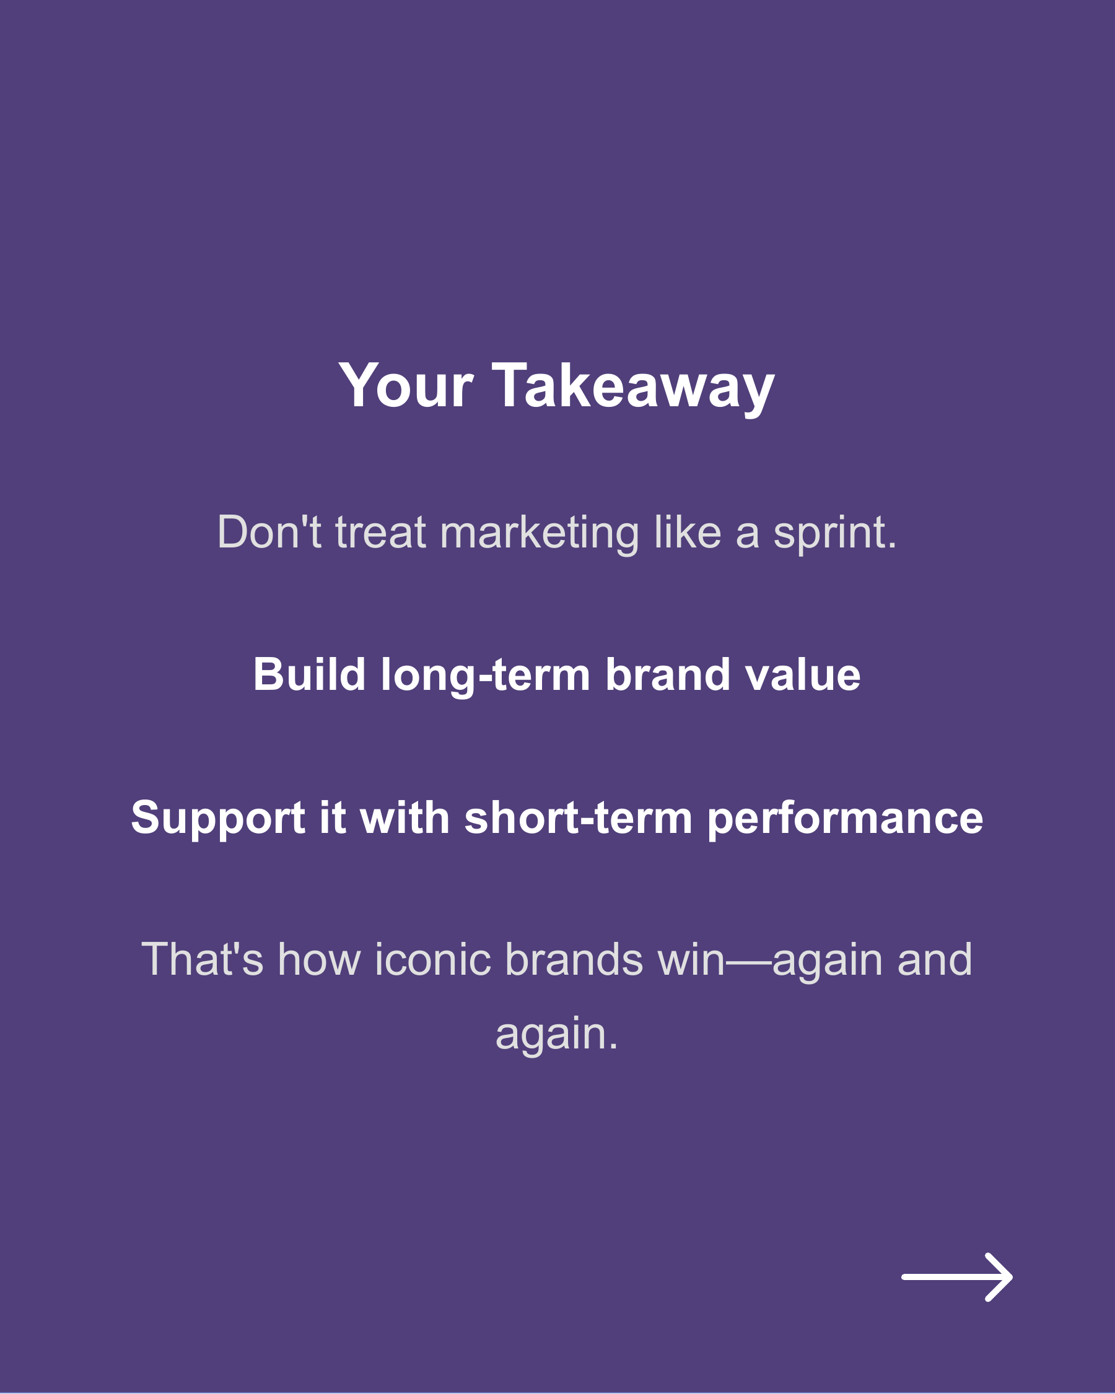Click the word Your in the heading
406,386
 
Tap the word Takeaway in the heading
633,386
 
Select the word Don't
269,533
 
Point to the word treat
381,533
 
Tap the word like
688,533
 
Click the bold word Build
309,675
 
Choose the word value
803,675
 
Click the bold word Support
218,819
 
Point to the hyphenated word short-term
578,817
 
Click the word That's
203,959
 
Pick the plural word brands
574,959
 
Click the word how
319,959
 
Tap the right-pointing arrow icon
956,1277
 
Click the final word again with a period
557,1035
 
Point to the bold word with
405,817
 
